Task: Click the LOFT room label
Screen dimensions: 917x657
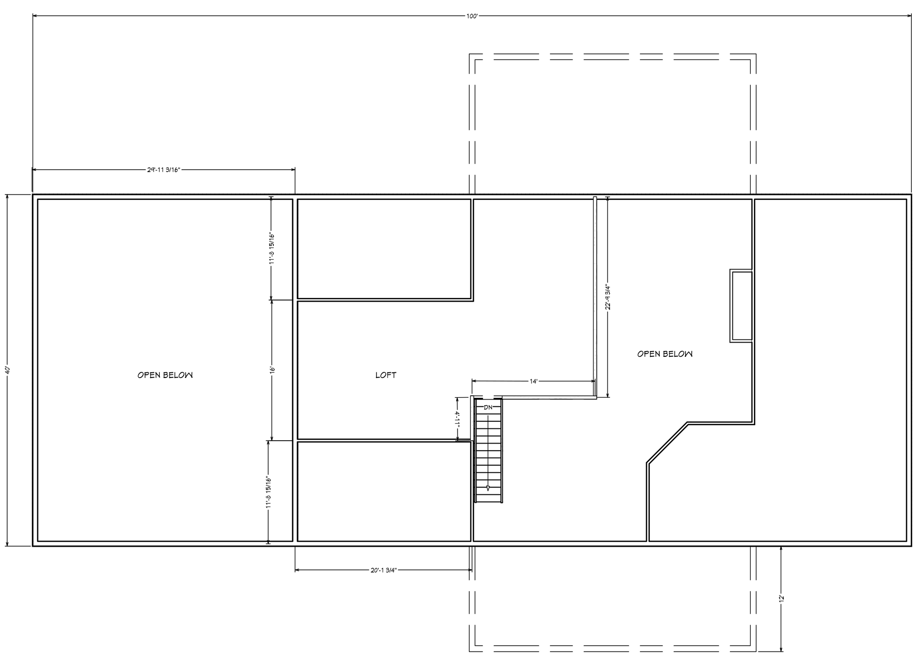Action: pos(385,375)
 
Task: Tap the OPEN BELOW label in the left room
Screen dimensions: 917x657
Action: pos(165,375)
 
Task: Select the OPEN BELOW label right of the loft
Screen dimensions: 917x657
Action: pos(665,354)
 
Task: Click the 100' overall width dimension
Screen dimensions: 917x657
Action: pos(472,16)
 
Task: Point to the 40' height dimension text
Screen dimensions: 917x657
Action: pos(8,370)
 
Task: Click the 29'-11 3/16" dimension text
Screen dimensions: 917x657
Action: pos(164,169)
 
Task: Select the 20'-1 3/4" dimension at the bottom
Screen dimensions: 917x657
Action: pos(384,570)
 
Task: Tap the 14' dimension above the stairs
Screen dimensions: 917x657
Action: pos(533,381)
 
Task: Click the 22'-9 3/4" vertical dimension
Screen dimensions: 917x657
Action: pos(608,297)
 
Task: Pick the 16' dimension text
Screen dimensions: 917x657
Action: pos(272,370)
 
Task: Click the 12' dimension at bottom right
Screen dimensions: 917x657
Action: pos(781,599)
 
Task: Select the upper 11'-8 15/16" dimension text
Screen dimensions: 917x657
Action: pos(271,248)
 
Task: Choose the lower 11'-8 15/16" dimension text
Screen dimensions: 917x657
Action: pos(269,492)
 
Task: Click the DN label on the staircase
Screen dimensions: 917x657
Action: pos(488,407)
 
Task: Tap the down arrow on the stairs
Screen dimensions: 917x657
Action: pos(488,488)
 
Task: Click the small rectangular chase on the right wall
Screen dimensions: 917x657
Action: pos(741,305)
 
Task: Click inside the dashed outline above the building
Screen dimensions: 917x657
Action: pos(613,123)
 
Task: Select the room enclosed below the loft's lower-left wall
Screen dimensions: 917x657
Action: pos(384,491)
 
